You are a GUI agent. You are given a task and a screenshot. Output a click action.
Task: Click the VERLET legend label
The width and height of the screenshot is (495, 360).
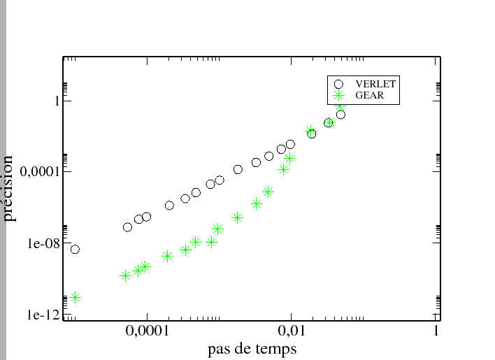pos(375,84)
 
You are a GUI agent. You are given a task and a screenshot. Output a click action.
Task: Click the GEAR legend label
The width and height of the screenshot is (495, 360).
pos(370,95)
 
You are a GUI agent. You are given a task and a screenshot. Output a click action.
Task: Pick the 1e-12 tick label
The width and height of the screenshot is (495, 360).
pos(38,316)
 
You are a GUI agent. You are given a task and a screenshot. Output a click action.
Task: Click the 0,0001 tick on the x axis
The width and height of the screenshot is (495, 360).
pos(145,330)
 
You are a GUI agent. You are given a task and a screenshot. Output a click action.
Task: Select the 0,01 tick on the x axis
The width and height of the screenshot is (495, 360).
pos(290,330)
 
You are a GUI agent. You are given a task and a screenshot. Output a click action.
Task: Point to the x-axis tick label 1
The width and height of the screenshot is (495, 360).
pos(436,330)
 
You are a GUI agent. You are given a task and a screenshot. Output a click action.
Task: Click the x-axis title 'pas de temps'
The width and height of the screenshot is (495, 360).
pos(252,348)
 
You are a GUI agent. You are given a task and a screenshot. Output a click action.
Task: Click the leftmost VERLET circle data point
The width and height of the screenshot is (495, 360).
pos(75,250)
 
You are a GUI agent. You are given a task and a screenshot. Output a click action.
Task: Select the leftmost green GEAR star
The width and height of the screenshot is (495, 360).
pos(75,297)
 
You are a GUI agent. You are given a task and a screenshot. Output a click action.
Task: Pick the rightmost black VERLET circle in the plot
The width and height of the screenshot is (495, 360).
pos(340,115)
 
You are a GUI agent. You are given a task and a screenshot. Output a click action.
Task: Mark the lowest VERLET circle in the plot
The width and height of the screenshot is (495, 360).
pos(75,250)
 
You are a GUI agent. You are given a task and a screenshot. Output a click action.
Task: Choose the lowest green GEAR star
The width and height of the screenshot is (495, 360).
pos(75,297)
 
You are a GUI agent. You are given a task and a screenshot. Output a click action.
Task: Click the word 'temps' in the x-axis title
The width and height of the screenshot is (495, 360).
pos(274,348)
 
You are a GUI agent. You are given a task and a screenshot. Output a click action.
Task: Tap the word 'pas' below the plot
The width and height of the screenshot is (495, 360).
pos(219,348)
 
